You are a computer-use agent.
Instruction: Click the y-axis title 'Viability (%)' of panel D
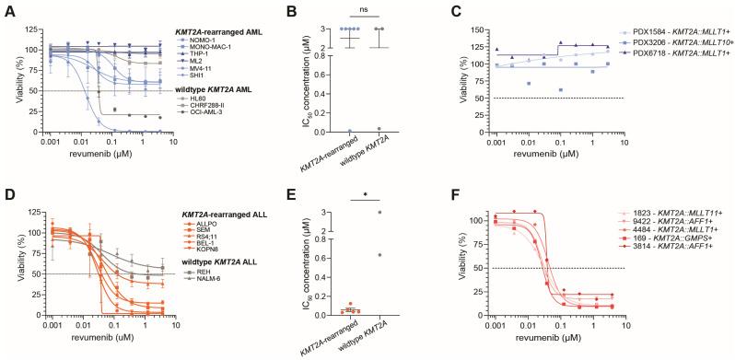(11, 259)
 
